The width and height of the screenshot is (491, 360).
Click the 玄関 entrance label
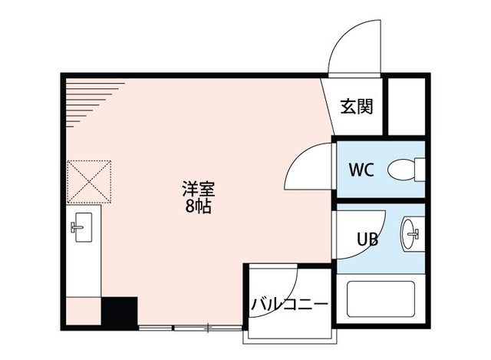tap(357, 107)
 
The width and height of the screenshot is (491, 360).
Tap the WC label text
tap(361, 170)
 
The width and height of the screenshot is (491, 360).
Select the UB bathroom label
tap(366, 239)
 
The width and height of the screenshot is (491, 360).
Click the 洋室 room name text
tap(197, 188)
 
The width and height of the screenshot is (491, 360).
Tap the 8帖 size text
tap(197, 206)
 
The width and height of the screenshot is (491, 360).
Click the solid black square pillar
tap(119, 312)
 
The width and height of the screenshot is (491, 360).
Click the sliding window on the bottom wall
tap(192, 329)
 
